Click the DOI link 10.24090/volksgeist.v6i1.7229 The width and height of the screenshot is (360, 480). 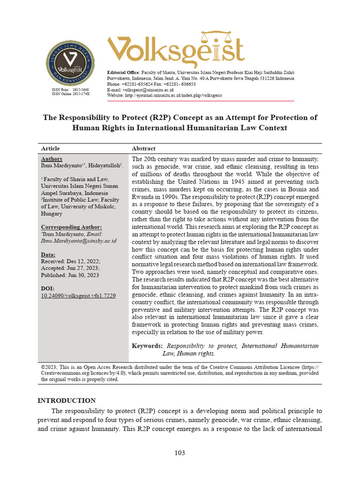(x=78, y=296)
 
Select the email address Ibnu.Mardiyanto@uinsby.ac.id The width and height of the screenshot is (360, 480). (x=79, y=240)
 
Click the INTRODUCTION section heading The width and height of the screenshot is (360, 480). (x=66, y=400)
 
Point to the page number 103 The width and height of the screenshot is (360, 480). (x=180, y=453)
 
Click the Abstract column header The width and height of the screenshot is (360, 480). (x=143, y=148)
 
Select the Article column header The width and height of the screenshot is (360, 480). (x=50, y=148)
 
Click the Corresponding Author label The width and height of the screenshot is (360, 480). (x=71, y=227)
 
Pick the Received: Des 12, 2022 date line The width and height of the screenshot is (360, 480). (x=71, y=261)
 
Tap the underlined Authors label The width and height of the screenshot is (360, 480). (x=52, y=159)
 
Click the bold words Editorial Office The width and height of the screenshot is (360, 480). (x=123, y=72)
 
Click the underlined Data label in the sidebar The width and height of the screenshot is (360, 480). (x=48, y=255)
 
